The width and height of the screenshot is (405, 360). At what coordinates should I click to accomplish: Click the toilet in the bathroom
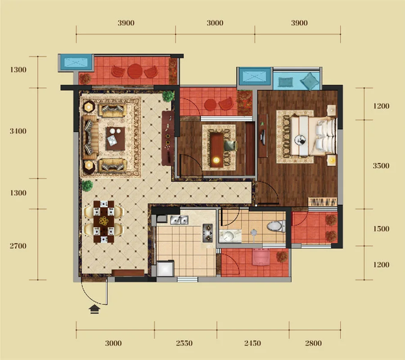[x=276, y=226]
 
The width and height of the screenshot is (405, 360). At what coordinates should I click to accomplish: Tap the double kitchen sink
[x=179, y=220]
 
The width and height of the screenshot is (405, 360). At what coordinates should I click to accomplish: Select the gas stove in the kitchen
[x=207, y=233]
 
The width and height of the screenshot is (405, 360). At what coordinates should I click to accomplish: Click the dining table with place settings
[x=103, y=222]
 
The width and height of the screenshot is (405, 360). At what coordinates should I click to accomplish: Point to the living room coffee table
[x=115, y=139]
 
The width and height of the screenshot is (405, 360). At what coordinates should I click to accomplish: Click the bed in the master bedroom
[x=313, y=136]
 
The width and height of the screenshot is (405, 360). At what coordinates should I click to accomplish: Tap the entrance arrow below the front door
[x=94, y=309]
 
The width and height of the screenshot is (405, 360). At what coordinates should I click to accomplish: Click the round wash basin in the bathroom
[x=228, y=235]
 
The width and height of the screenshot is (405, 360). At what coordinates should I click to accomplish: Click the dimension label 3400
[x=18, y=131]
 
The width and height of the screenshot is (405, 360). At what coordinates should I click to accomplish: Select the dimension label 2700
[x=18, y=246]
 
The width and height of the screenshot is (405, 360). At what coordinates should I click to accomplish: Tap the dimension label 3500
[x=381, y=166]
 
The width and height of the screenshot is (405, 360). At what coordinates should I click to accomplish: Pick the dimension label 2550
[x=184, y=343]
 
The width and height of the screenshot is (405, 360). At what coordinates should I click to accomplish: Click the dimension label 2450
[x=252, y=343]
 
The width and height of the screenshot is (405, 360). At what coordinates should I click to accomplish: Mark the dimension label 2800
[x=313, y=343]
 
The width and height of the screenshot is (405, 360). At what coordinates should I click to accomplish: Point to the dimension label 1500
[x=381, y=229]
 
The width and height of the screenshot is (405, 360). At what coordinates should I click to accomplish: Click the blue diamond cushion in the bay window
[x=310, y=81]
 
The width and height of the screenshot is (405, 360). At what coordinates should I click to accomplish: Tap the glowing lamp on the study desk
[x=216, y=160]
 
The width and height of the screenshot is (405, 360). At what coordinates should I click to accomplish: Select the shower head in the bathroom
[x=254, y=234]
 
